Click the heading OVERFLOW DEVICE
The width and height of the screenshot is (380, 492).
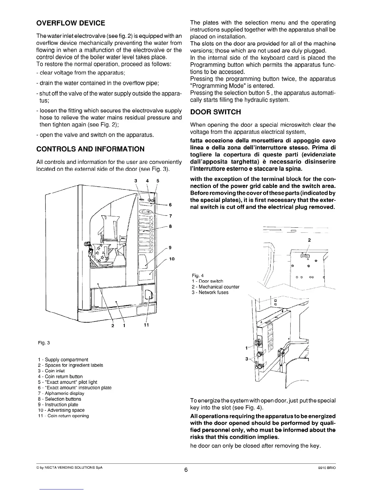coord(71,23)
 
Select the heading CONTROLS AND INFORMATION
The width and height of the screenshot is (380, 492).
coord(90,149)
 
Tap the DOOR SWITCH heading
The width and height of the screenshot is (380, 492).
coord(215,112)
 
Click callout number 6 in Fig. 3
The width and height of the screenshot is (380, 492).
coord(170,205)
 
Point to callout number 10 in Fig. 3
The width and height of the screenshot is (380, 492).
coord(172,259)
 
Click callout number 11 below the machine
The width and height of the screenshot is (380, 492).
coord(147,325)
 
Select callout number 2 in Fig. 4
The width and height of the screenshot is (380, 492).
coord(309,240)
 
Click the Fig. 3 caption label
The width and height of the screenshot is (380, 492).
coord(44,343)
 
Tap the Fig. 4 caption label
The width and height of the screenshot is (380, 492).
coord(198,276)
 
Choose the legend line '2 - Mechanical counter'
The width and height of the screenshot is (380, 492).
coord(215,287)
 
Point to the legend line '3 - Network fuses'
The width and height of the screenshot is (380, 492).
coord(210,292)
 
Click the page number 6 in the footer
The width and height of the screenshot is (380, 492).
coord(186,470)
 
